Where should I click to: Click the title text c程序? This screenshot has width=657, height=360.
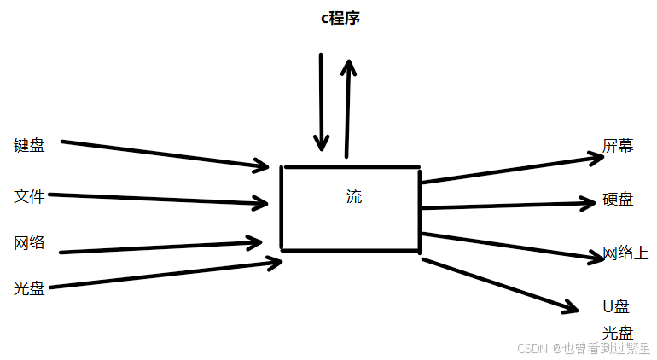tap(340, 18)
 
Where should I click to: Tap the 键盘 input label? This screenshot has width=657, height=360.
tap(29, 145)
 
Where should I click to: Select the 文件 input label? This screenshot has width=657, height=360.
tap(29, 196)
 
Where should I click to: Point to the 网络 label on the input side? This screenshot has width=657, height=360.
tap(29, 242)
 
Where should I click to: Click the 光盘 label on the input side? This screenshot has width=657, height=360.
tap(29, 288)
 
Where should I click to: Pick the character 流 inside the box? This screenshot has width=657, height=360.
tap(354, 197)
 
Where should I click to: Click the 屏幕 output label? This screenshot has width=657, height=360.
tap(619, 145)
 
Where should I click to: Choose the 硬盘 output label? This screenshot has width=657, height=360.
tap(619, 200)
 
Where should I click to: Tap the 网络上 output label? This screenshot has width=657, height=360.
tap(625, 253)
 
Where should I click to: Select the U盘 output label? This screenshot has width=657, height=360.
tap(616, 306)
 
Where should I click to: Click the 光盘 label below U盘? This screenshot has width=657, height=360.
tap(617, 333)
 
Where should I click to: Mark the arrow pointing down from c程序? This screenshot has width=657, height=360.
tap(321, 102)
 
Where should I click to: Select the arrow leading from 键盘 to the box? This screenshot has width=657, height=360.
tap(162, 154)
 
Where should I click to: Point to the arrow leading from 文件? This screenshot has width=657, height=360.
tap(158, 200)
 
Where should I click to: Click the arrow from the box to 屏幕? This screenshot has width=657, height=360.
tap(512, 169)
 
